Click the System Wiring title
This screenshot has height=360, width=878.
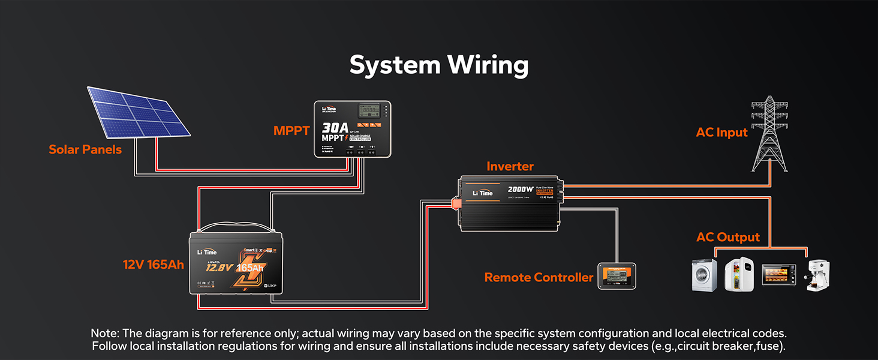click(x=438, y=65)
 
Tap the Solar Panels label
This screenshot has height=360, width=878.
click(x=85, y=149)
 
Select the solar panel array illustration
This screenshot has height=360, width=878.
click(x=139, y=111)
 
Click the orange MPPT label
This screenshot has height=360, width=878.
click(x=291, y=130)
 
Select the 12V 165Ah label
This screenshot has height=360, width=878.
click(x=154, y=264)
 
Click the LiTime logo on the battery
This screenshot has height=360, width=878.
click(x=207, y=252)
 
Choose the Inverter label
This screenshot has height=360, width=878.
click(x=510, y=166)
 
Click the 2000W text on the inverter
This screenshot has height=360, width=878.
click(x=521, y=190)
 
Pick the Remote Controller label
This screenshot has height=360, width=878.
click(x=539, y=277)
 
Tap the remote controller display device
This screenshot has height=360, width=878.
click(x=617, y=276)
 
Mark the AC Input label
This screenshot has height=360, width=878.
click(x=721, y=133)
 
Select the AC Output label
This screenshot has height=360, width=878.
click(x=727, y=237)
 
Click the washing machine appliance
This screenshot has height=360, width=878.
click(x=704, y=275)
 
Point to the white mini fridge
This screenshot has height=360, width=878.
click(x=739, y=275)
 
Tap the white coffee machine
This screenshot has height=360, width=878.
click(x=817, y=275)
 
